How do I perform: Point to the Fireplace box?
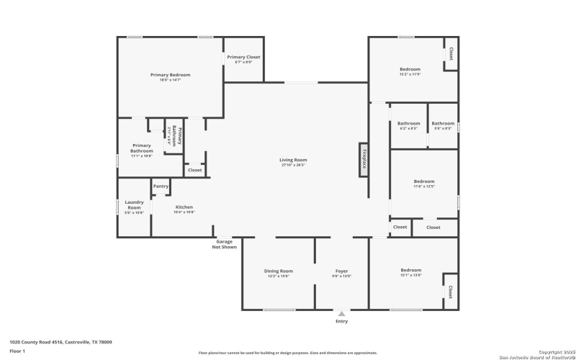(364, 158)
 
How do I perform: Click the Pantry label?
(161, 186)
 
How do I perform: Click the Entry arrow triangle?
(341, 313)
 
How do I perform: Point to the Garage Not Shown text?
(224, 244)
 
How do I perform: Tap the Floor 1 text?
(17, 351)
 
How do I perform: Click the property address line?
(60, 342)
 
